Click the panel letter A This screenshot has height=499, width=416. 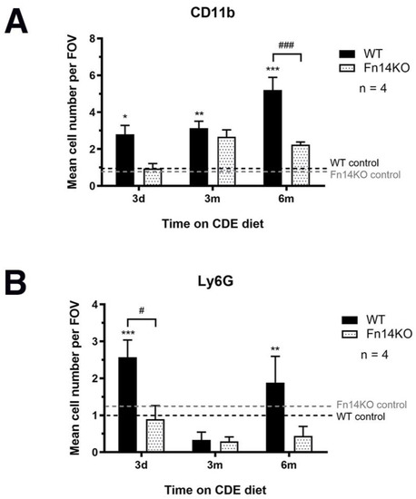20,19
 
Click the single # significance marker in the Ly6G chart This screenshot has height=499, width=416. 142,310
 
